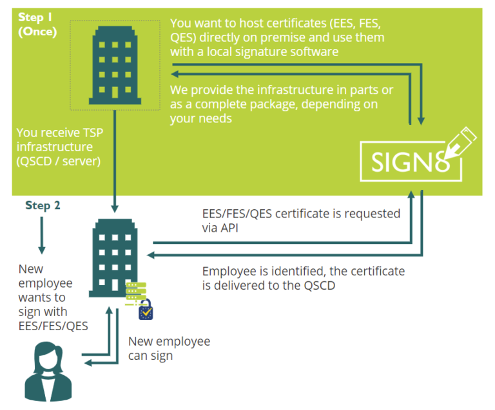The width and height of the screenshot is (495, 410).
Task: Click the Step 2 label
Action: tap(42, 205)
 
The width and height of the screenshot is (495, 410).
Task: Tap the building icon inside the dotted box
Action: tap(115, 64)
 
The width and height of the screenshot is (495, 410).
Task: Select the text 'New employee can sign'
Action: tap(169, 348)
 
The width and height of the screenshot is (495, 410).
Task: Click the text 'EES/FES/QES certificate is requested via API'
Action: tap(300, 221)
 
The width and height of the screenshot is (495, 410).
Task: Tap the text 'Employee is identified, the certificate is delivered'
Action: tap(303, 278)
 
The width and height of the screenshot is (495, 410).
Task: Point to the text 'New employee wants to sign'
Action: tap(45, 289)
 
